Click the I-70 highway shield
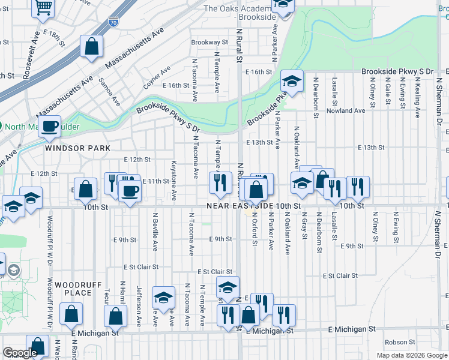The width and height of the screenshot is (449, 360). (113, 23)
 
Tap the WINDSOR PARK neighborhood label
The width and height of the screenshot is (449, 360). (77, 148)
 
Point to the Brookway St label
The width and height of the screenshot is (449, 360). (209, 43)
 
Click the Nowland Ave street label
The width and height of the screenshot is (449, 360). (347, 111)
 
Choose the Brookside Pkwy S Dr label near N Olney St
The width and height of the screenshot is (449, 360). (397, 71)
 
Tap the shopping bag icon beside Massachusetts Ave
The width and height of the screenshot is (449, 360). (92, 47)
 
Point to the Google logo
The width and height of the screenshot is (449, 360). (20, 353)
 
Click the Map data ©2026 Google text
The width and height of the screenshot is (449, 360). (411, 355)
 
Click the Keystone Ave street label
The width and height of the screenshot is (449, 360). (173, 179)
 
